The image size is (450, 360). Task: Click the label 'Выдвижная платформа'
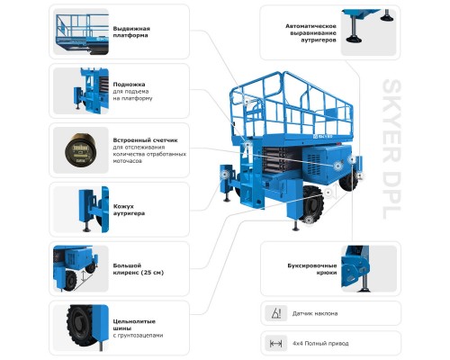131,31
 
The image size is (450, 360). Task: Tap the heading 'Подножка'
129,85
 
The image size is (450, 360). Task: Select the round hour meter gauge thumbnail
79,149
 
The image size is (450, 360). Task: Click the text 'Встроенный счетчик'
145,140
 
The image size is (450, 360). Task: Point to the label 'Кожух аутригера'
129,210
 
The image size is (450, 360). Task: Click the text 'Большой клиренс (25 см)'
139,269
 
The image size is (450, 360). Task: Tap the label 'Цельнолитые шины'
134,325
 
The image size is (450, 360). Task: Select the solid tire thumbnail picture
81,328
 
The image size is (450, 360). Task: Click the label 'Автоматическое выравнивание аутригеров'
310,33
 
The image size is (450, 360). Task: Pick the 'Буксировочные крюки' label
312,269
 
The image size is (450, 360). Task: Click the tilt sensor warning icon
276,313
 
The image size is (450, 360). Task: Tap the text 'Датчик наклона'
315,313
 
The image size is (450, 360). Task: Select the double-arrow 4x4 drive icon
276,343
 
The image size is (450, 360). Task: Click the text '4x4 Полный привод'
320,343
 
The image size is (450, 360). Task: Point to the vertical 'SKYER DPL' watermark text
391,149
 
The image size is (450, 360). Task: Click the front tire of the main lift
311,204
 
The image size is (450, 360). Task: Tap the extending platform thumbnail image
81,31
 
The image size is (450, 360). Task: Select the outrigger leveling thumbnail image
369,32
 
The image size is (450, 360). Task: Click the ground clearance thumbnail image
81,268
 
